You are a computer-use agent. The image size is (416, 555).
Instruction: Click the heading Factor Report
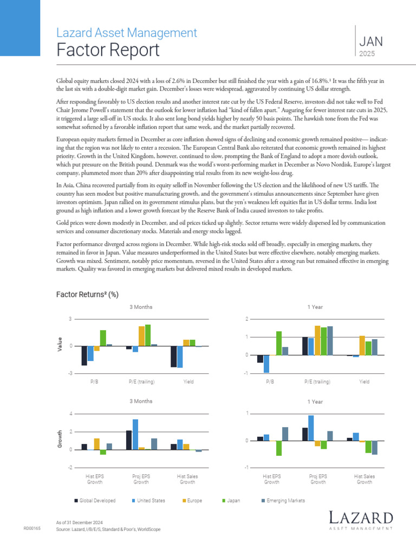tap(108, 50)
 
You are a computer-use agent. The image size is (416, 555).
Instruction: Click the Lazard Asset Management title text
tap(126, 33)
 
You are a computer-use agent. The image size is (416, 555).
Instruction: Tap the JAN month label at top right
tap(371, 41)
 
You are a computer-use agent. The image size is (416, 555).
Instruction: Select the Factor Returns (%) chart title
tap(87, 294)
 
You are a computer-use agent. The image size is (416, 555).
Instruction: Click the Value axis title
tap(60, 343)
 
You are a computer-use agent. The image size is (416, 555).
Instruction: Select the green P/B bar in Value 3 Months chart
tap(103, 338)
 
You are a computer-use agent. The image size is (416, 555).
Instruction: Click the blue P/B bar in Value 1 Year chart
tap(266, 364)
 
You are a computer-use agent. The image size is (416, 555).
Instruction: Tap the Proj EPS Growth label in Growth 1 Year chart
tap(318, 479)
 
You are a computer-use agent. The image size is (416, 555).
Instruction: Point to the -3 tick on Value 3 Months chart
tap(70, 373)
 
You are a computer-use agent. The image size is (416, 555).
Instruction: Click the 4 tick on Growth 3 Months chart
tap(70, 414)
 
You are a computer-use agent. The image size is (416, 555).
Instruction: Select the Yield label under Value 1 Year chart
tap(365, 382)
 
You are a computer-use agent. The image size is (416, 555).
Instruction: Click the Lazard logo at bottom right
tap(360, 519)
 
